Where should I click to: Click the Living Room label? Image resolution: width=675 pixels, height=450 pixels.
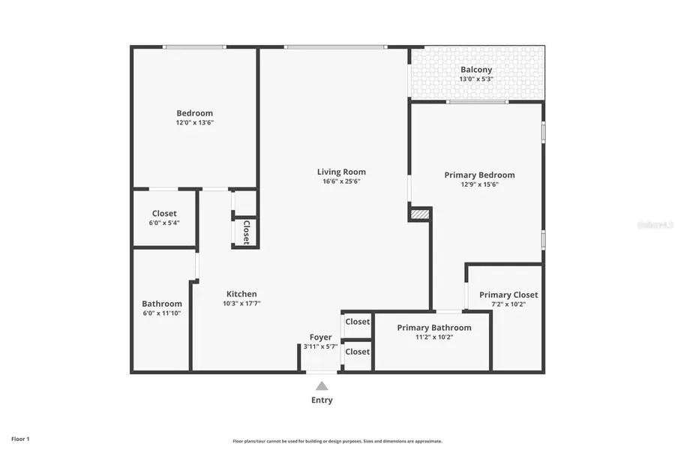pos(341,172)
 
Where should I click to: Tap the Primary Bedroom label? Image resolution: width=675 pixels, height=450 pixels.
pos(479,175)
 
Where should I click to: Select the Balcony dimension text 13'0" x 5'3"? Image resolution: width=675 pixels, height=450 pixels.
pos(476,79)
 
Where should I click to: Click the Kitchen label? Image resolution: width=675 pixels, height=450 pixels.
pos(241,294)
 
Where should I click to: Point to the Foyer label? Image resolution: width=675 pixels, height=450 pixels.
pos(321,337)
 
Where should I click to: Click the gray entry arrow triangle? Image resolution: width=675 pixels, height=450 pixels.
pos(322,385)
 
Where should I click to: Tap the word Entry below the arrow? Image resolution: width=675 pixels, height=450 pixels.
pos(322,400)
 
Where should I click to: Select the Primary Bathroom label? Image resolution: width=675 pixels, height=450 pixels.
pos(434,328)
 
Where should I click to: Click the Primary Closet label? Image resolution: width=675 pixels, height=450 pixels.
pos(508,295)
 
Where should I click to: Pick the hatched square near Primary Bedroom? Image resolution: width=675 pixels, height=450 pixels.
pos(420,214)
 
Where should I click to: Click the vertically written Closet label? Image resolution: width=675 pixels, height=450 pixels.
pos(245,232)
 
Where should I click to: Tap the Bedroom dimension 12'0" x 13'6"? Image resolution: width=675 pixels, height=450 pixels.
pos(195,122)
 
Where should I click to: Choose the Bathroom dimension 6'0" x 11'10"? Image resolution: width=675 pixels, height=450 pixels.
pos(161,313)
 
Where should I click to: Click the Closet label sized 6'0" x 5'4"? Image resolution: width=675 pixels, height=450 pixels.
pos(164,214)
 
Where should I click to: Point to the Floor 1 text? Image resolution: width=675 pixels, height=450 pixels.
pos(20,438)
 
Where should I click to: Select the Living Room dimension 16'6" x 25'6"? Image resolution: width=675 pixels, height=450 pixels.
pos(341,181)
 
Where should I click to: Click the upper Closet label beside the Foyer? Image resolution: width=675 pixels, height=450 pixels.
pos(358,322)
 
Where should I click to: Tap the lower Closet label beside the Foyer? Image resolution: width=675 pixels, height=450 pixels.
pos(358,352)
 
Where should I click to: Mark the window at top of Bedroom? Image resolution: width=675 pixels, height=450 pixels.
pos(194,47)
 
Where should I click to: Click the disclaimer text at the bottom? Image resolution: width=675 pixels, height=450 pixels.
pos(337,441)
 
